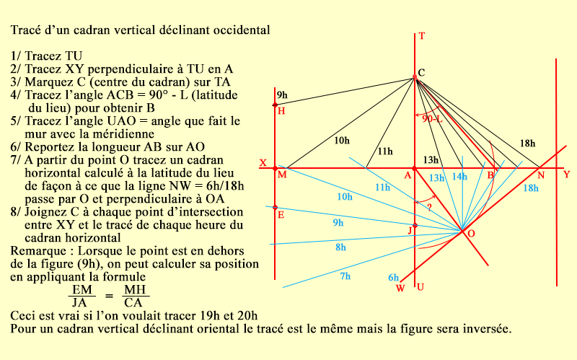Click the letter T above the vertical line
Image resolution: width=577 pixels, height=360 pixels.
pos(422,36)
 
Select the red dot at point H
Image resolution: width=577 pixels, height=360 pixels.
pos(275,106)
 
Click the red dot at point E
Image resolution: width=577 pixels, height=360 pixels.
pos(275,208)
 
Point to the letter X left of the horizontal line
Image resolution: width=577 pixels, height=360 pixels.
pos(263,163)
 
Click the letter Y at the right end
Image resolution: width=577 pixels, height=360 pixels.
pos(566,174)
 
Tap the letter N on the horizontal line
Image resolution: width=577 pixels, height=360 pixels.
pos(540,175)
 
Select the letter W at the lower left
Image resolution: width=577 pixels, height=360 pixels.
pos(400,289)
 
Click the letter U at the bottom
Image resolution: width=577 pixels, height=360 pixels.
pos(420,287)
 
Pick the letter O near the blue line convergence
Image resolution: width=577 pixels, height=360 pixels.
pos(471,234)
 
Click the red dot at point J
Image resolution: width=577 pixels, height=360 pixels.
pos(415,226)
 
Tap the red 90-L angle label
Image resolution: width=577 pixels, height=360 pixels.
pos(433,118)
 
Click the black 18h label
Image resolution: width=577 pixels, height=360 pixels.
pos(528,144)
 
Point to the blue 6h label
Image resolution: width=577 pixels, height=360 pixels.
pos(394,278)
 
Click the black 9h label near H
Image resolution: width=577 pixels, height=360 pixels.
pos(281,95)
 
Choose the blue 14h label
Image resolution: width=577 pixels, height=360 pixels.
pos(459,177)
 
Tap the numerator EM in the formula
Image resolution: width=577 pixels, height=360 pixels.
pos(77,289)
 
